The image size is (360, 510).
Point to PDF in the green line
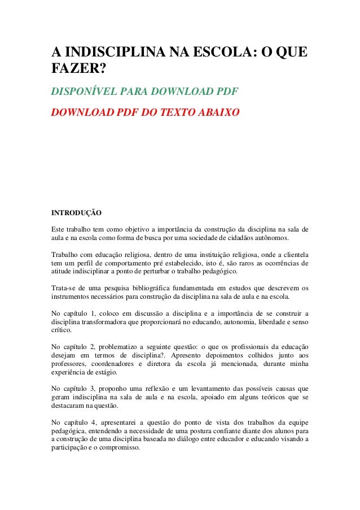(225, 91)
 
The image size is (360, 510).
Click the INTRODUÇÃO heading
(76, 214)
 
